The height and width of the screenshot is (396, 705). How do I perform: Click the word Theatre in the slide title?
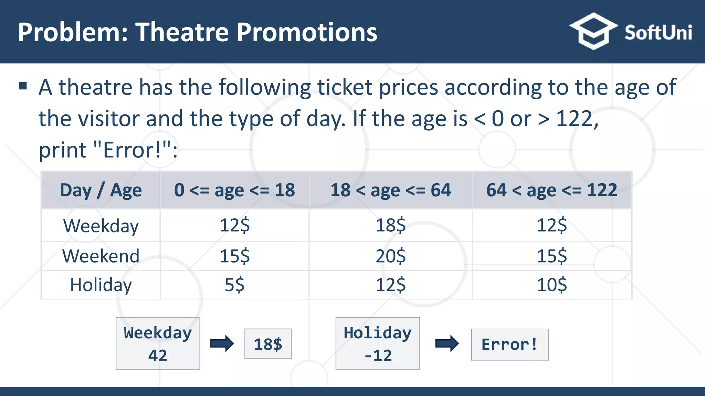point(182,32)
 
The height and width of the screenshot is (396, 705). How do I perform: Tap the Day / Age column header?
point(101,190)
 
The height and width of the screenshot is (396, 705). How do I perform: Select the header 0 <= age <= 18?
point(234,190)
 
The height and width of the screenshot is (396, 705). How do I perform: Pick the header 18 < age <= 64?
point(390,190)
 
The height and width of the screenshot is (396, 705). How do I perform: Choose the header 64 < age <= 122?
point(551,190)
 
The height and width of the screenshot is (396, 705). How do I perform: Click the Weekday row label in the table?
point(101,226)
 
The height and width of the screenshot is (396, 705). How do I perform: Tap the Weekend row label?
point(101,256)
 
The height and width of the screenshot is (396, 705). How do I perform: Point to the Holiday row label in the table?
point(101,285)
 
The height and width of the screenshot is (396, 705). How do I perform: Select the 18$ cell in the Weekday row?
point(390,225)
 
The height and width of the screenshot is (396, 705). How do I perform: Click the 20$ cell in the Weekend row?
point(390,256)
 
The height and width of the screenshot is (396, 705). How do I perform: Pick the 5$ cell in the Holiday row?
point(234,285)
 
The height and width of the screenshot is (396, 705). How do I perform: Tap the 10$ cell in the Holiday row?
point(551,285)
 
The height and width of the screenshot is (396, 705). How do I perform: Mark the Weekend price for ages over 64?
point(551,256)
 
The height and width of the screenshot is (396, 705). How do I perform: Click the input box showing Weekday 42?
point(158,343)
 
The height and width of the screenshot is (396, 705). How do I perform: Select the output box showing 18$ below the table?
point(268,344)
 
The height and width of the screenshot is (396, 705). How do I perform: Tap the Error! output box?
point(509,344)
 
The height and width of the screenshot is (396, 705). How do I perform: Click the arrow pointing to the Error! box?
point(446,343)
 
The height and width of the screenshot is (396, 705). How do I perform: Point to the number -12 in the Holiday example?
point(378,355)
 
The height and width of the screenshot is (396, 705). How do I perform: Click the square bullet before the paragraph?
point(23,86)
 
